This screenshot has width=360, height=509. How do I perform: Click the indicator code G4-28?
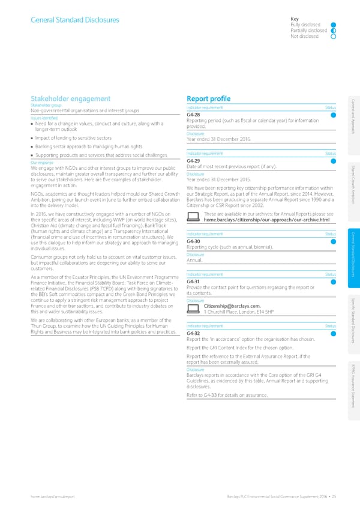193,115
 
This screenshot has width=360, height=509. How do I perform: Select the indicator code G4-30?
193,242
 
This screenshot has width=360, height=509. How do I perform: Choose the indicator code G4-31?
193,282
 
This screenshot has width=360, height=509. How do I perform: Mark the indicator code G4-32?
193,333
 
